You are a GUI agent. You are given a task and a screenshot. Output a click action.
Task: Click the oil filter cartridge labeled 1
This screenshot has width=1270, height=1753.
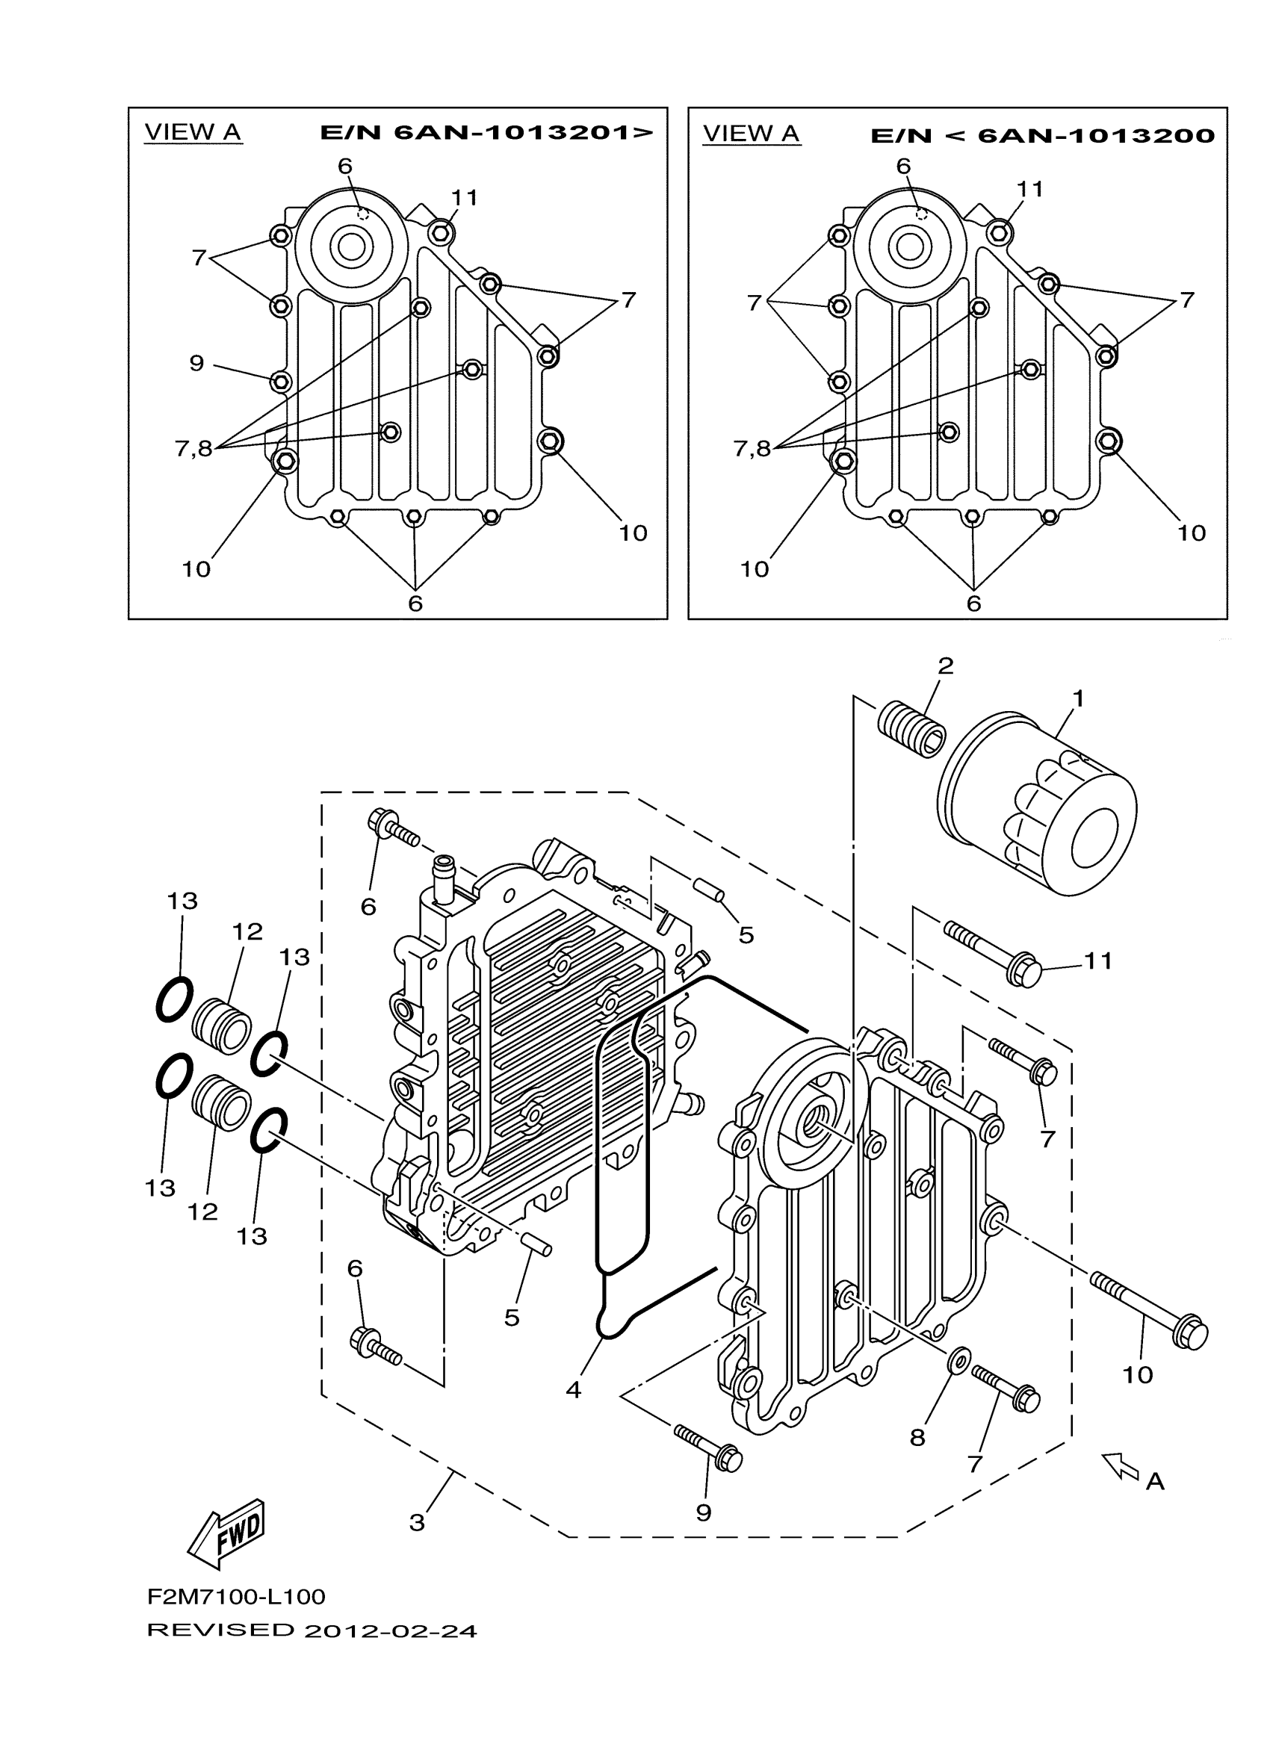click(x=1040, y=804)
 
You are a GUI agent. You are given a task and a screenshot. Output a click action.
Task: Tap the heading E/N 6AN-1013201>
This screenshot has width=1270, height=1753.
click(x=486, y=133)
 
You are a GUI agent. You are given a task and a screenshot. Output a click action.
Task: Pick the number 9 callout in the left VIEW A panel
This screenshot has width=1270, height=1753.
click(x=197, y=362)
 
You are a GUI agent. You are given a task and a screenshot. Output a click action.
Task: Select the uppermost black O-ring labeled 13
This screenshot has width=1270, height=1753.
click(x=174, y=999)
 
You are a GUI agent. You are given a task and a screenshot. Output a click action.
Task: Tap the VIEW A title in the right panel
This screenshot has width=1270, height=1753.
click(x=751, y=134)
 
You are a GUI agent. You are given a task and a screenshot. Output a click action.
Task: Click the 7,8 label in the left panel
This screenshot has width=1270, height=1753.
click(x=193, y=448)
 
